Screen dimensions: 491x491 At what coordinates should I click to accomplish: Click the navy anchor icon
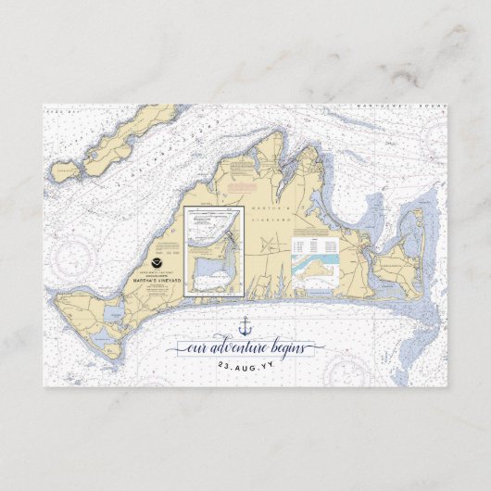click(x=245, y=325)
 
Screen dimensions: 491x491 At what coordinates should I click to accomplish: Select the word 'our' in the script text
click(x=197, y=350)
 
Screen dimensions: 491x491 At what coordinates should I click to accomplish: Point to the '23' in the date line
click(x=220, y=366)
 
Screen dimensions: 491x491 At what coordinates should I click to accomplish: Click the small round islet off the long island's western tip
click(x=64, y=170)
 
